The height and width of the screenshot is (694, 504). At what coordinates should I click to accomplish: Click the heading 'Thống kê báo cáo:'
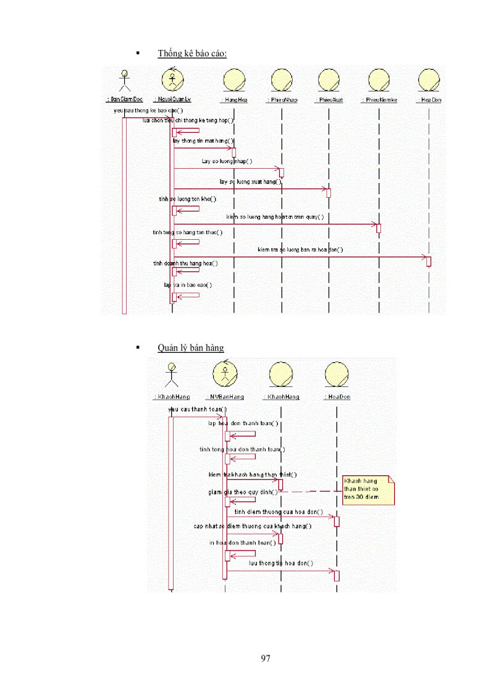tap(192, 54)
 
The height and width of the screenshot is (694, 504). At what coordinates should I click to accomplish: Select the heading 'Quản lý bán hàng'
tap(190, 348)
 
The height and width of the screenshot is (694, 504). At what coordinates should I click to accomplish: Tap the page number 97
tap(266, 658)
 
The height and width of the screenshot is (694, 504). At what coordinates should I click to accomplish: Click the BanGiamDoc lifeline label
tap(124, 99)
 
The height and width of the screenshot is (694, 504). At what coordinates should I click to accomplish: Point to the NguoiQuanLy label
tap(172, 99)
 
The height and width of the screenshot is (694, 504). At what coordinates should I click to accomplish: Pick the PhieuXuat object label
tap(329, 99)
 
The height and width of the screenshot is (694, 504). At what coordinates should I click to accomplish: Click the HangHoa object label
tap(233, 99)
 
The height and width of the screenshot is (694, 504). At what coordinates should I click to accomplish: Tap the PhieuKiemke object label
tap(379, 99)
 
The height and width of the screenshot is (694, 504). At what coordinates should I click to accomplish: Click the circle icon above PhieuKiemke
tap(379, 80)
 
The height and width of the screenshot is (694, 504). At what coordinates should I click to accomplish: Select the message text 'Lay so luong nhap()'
tap(227, 161)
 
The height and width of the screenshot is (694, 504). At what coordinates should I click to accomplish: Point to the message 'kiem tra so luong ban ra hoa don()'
tap(300, 250)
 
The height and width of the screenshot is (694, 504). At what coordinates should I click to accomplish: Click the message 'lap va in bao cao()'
tap(188, 285)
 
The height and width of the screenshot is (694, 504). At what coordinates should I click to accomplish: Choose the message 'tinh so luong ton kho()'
tap(188, 199)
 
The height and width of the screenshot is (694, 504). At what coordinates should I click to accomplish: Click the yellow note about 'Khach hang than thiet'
tap(368, 489)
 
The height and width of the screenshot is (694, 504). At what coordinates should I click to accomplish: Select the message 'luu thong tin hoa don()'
tap(281, 563)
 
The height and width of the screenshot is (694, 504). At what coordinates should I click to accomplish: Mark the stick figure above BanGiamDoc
tap(124, 80)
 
